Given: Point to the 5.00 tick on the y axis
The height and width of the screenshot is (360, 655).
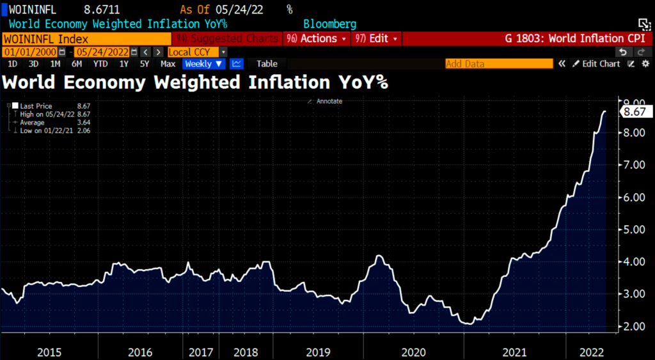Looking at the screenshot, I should click(631, 230).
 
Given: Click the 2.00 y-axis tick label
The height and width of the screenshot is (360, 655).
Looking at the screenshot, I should click(631, 327).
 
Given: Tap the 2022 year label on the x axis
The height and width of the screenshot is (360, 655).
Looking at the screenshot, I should click(588, 352).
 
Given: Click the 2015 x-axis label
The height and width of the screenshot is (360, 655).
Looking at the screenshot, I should click(49, 352).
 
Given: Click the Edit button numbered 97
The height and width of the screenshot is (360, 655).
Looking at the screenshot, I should click(377, 38).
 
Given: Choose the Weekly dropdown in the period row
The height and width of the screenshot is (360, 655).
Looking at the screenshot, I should click(203, 63).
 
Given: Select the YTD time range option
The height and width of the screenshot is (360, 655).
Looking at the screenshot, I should click(100, 63).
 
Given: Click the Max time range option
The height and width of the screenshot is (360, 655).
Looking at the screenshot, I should click(168, 63).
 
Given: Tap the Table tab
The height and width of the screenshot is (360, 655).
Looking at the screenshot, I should click(267, 63).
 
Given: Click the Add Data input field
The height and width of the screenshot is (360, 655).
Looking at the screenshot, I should click(498, 63).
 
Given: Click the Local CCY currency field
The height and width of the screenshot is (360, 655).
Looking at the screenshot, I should click(192, 51).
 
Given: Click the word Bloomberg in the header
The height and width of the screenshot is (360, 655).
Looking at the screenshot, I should click(329, 24).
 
